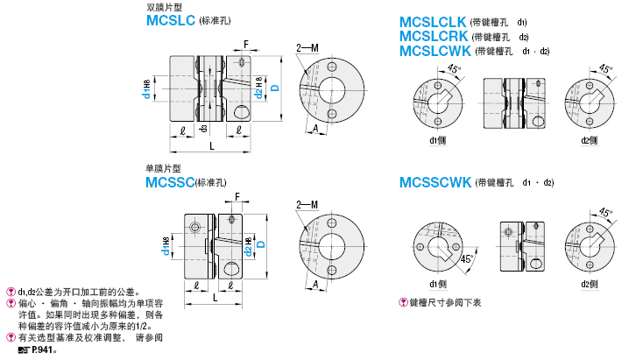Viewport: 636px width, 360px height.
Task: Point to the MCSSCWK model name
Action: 435,182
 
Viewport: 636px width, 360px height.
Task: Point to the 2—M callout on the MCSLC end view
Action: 307,48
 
